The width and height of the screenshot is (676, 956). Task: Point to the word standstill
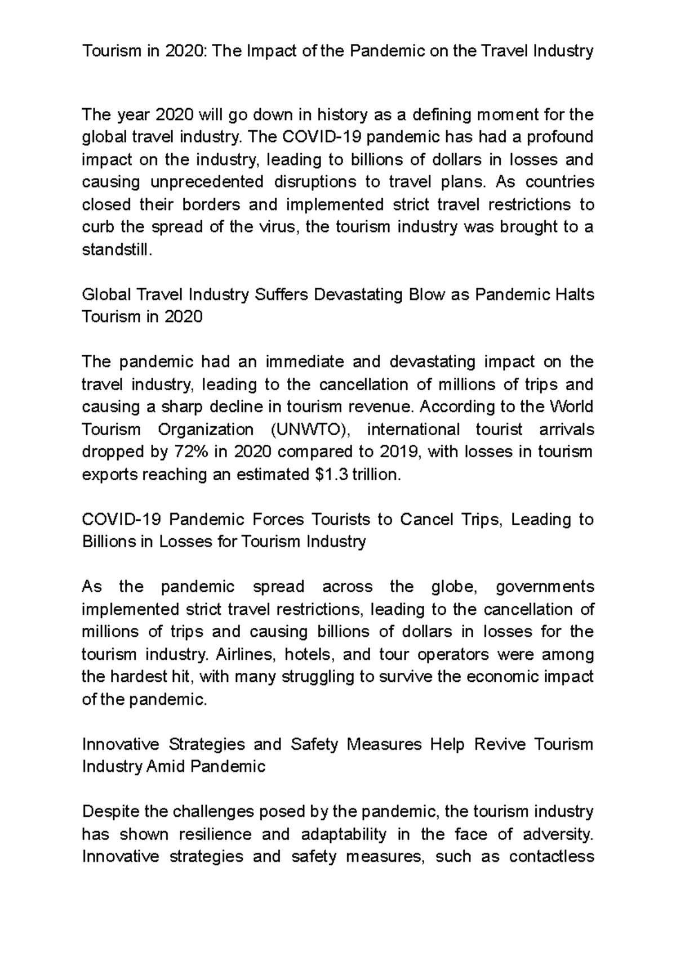117,250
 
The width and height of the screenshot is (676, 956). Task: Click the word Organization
206,430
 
